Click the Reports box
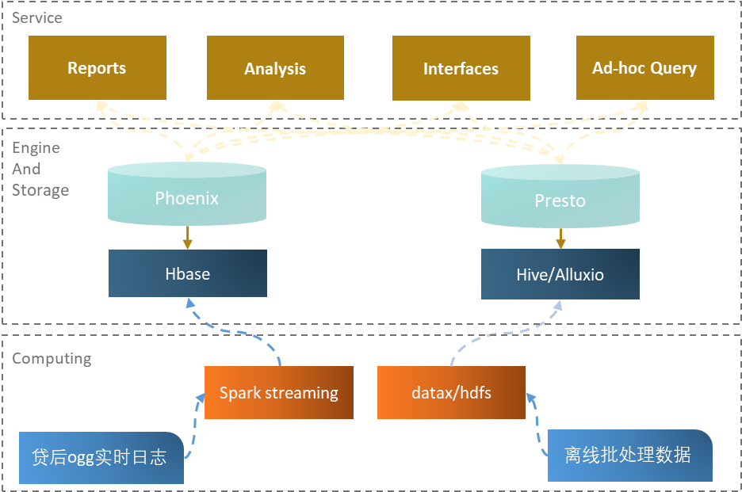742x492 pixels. tap(98, 68)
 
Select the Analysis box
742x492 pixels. tap(275, 69)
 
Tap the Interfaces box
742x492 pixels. tap(461, 69)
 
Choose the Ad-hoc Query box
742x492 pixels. tap(644, 67)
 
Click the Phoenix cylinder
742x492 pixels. tap(187, 198)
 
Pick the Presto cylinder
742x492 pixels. tap(560, 200)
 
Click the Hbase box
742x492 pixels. tap(188, 274)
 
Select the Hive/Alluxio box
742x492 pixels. tap(560, 275)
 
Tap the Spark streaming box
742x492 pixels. tap(278, 393)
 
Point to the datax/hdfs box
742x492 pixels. tap(451, 393)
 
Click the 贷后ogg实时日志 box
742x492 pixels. tap(100, 457)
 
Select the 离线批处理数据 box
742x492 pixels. tap(629, 455)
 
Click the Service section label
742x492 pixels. tap(37, 17)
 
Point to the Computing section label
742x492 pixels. tap(52, 359)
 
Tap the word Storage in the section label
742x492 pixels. tap(40, 190)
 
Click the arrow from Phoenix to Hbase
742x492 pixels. tap(188, 237)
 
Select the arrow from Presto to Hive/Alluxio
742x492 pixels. tap(560, 238)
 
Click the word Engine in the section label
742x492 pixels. tap(36, 148)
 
